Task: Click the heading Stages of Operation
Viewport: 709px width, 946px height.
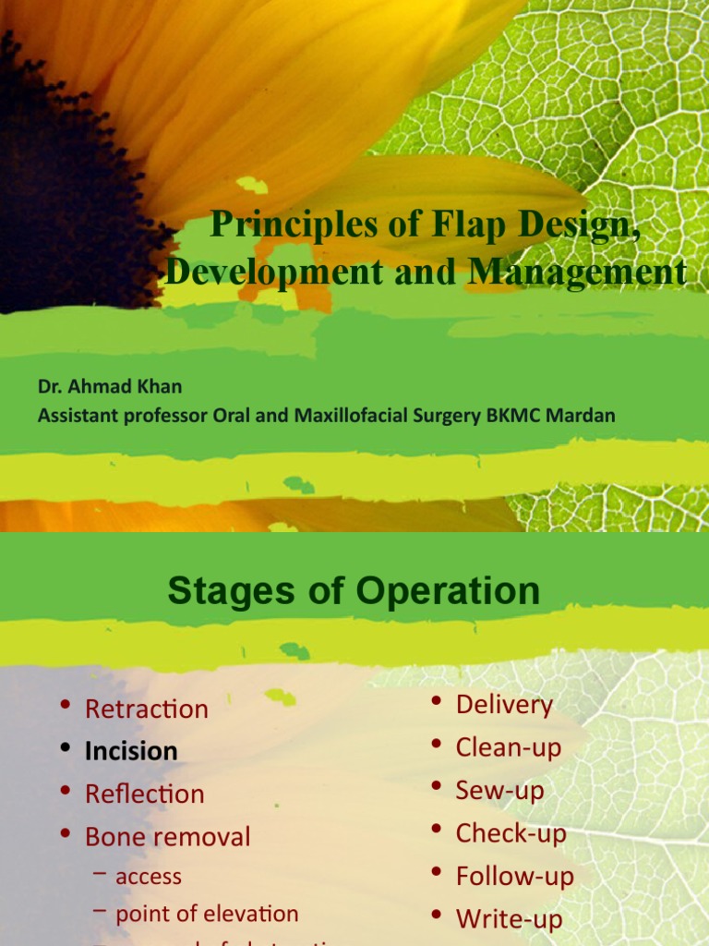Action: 354,591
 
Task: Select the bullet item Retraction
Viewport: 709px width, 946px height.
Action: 146,709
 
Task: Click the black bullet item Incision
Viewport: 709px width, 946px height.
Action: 131,752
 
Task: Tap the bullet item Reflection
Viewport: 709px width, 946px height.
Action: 144,794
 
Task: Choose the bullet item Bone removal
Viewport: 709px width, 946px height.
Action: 167,837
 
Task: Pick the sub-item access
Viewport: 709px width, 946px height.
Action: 148,877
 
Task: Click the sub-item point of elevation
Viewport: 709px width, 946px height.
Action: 207,915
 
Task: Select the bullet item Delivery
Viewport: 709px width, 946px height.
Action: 504,705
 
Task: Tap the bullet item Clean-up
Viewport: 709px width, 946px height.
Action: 508,747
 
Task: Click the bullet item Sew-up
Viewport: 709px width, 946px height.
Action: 499,791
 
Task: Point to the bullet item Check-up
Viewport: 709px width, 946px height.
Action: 511,833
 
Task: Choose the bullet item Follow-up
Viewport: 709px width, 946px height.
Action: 514,876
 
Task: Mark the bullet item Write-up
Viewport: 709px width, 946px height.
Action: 509,918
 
